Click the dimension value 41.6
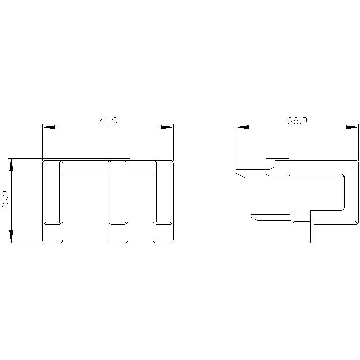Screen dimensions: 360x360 coord(108,121)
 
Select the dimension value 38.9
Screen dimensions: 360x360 coord(297,121)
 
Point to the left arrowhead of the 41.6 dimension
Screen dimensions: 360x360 coord(49,127)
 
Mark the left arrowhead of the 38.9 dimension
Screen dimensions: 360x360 coord(242,127)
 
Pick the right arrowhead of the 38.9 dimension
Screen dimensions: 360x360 coord(352,127)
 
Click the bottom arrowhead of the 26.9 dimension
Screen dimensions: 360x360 coord(12,236)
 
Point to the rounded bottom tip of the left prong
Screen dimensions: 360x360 coord(53,234)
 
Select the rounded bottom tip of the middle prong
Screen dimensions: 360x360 coord(118,234)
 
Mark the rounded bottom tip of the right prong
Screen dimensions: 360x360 coord(163,234)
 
